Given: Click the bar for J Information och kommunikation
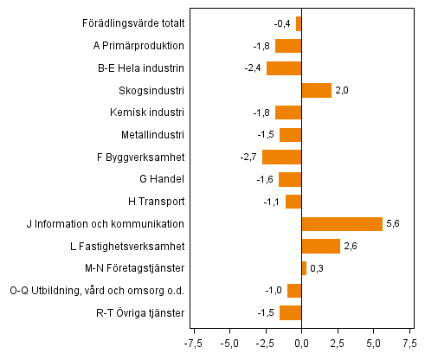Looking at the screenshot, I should (342, 224).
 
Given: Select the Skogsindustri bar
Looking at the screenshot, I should (316, 90).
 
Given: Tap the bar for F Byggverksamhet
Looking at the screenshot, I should (281, 157).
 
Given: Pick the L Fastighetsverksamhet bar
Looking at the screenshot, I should (320, 247).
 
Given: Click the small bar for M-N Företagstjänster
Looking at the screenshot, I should (304, 268).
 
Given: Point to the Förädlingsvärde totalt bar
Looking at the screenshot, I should (299, 23).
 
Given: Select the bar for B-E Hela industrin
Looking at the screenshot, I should (284, 68).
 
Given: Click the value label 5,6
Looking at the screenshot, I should (394, 224).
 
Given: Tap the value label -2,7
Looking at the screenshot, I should (249, 157).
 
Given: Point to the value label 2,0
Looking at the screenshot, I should (342, 90).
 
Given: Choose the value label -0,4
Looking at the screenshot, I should (282, 23).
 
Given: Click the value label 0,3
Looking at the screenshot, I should (318, 268).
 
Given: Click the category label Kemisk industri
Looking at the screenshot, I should (147, 112).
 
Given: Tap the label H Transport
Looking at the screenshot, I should (154, 202).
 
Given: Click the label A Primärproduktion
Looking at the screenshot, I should (138, 46).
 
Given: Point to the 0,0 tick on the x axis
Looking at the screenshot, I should (301, 344).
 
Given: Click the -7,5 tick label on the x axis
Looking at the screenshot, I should (192, 344).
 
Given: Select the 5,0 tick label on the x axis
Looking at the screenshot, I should (373, 344).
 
